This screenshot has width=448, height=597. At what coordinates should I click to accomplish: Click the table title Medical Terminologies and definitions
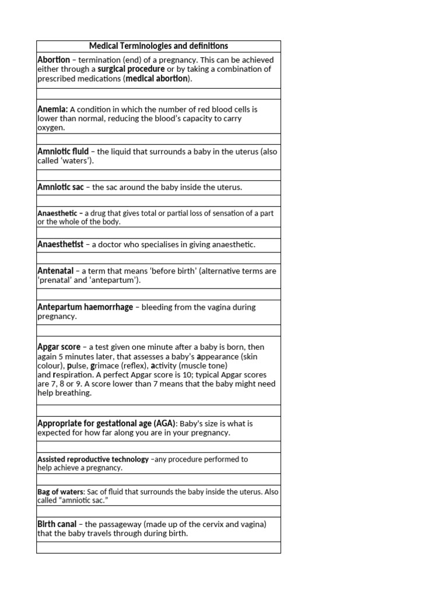[x=158, y=46]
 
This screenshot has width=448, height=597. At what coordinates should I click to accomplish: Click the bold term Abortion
[x=54, y=60]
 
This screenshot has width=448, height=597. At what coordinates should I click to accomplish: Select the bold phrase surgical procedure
[x=131, y=69]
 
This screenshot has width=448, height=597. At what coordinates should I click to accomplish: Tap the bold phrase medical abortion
[x=157, y=79]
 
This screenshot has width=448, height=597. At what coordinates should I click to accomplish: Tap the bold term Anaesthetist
[x=61, y=244]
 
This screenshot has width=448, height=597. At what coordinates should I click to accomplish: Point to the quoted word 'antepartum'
[x=117, y=280]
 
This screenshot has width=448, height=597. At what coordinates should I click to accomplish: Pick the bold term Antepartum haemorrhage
[x=85, y=307]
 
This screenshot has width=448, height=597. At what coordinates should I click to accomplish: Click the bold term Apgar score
[x=59, y=347]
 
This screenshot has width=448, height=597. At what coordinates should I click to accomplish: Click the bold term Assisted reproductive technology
[x=93, y=459]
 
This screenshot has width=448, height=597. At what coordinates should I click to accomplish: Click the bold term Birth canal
[x=57, y=524]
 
